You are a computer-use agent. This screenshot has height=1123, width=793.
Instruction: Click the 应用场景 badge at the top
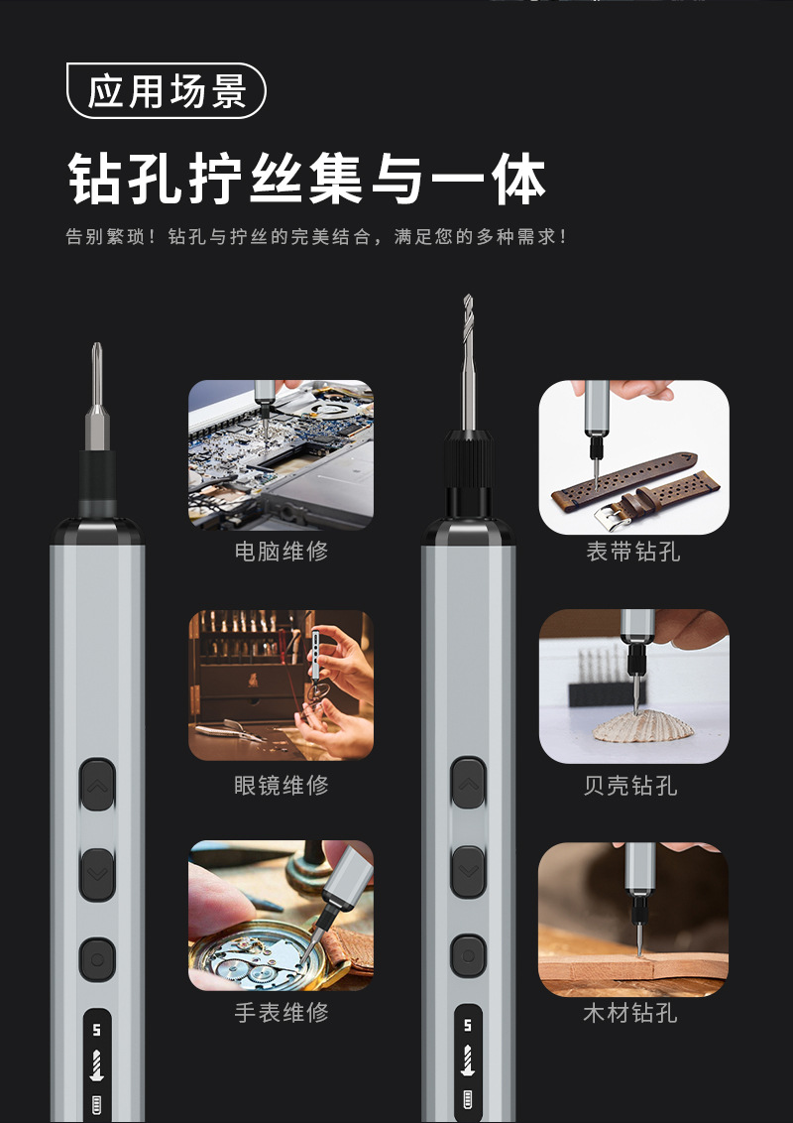point(167,91)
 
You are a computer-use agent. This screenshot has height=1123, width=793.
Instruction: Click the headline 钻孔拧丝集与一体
point(307,179)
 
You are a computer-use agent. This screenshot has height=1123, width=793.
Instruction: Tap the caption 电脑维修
point(282,552)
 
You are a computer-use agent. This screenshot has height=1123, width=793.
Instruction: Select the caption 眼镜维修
point(282,786)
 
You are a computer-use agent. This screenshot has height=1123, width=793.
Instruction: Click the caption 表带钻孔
point(632,552)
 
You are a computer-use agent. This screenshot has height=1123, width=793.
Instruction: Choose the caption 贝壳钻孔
point(630,786)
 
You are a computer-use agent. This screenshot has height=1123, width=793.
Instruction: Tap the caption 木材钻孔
point(630,1014)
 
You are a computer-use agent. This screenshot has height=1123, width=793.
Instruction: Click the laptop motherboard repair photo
point(281,454)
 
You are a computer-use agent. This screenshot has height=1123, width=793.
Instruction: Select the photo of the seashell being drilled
point(634,686)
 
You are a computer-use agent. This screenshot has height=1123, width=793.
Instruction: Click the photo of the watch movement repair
point(281,916)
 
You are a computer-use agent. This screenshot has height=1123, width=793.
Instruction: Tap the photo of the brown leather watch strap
point(634,457)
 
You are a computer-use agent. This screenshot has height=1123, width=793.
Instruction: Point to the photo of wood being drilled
point(633,920)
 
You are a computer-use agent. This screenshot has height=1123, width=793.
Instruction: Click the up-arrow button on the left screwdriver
point(97,785)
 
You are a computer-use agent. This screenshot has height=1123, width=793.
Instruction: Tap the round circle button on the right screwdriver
point(468,955)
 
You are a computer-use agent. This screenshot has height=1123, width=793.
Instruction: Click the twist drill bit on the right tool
point(468,362)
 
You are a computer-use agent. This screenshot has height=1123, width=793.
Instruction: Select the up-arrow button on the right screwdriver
point(468,784)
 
